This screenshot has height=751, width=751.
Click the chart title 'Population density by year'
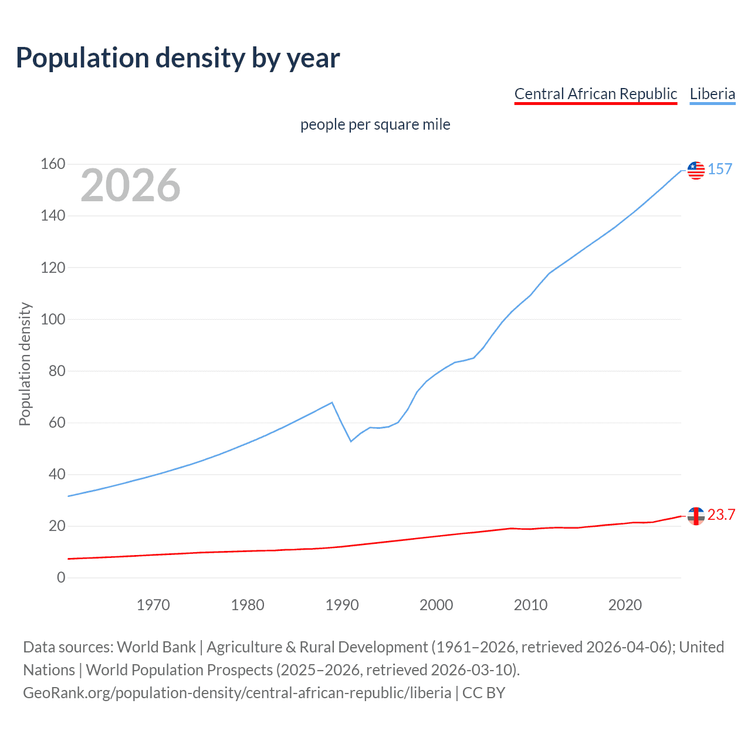click(178, 58)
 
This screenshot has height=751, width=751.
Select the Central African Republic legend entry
click(596, 94)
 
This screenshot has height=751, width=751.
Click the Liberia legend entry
click(712, 94)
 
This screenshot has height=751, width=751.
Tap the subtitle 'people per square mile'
click(375, 125)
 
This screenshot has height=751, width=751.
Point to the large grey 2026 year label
click(130, 185)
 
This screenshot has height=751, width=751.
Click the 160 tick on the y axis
click(53, 164)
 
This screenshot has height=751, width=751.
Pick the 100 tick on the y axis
click(53, 320)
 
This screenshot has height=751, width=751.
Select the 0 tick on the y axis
click(61, 578)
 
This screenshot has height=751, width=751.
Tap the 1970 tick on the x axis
click(153, 605)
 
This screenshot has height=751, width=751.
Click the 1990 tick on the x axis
click(342, 605)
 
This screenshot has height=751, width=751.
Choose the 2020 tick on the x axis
click(625, 605)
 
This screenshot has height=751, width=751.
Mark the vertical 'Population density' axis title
click(25, 364)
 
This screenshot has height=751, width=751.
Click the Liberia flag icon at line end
click(696, 170)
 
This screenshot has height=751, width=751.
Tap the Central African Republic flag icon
click(696, 516)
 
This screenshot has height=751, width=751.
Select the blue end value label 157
click(720, 170)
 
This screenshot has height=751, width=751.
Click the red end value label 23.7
click(721, 515)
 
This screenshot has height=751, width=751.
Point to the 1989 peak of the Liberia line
click(333, 402)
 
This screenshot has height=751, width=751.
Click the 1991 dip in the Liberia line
click(351, 441)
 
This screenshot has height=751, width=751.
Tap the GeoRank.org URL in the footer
click(237, 693)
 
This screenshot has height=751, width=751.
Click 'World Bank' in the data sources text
click(156, 647)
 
